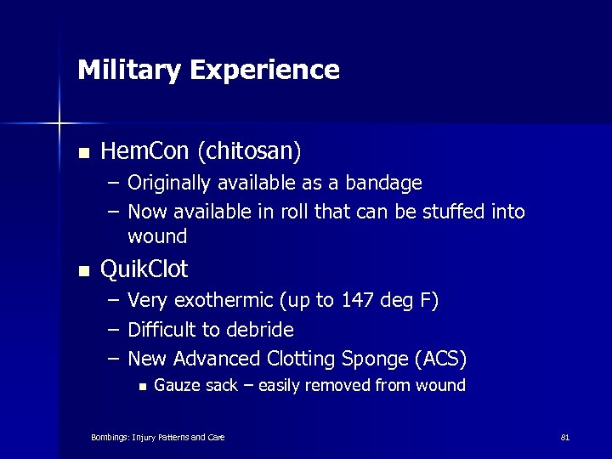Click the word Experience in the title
[265, 70]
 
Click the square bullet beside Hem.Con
[82, 153]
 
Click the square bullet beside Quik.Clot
[82, 271]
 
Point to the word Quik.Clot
[144, 270]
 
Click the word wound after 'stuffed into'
[157, 235]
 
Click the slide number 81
[564, 438]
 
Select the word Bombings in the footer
[109, 438]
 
